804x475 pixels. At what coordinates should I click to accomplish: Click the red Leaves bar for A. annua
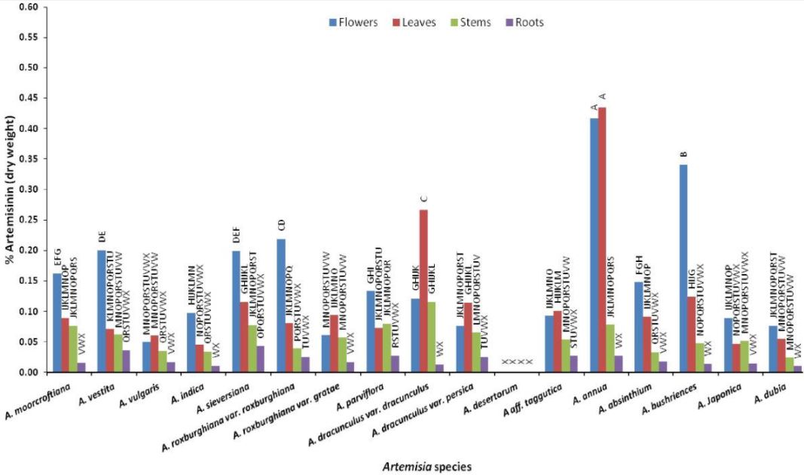point(603,241)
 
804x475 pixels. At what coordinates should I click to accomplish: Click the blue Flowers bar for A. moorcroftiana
point(57,323)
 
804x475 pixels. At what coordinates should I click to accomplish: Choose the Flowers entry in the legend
point(353,23)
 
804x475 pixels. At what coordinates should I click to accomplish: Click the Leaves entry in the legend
point(414,23)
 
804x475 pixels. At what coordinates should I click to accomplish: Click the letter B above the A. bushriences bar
point(684,154)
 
